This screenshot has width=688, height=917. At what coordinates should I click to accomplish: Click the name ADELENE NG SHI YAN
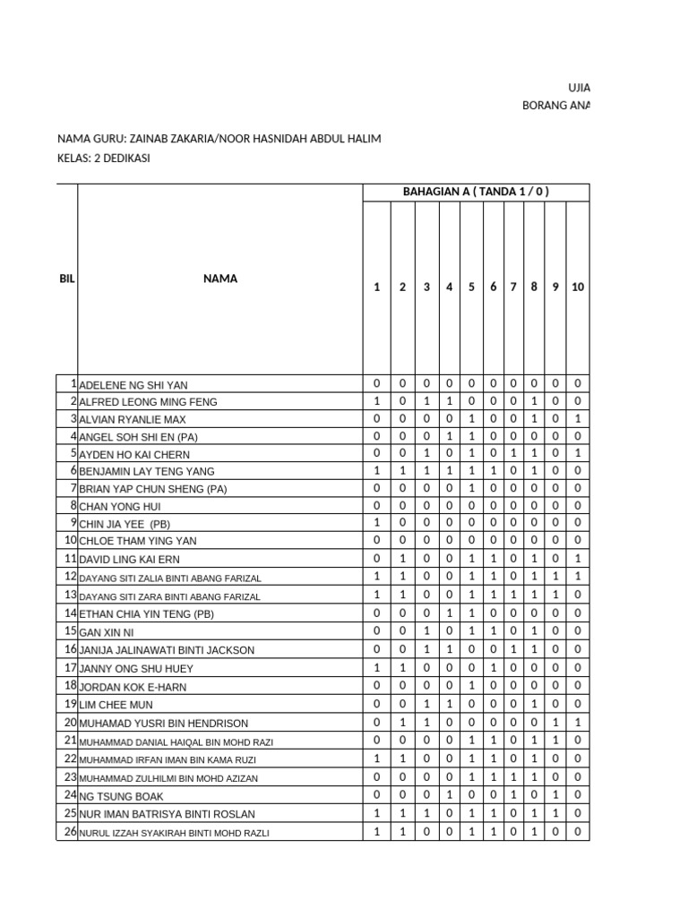pyautogui.click(x=133, y=385)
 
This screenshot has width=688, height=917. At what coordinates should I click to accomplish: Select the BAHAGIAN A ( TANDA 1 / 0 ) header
pyautogui.click(x=476, y=192)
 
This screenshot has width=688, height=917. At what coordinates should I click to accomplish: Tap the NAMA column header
pyautogui.click(x=219, y=279)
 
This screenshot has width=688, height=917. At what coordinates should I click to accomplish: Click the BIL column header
pyautogui.click(x=67, y=279)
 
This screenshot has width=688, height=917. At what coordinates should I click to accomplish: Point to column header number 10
pyautogui.click(x=578, y=287)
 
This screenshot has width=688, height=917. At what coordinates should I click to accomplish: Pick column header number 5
pyautogui.click(x=471, y=287)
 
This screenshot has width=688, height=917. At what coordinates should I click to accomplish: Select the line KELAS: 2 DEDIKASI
pyautogui.click(x=103, y=158)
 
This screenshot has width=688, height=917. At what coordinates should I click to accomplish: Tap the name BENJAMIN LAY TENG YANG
pyautogui.click(x=147, y=471)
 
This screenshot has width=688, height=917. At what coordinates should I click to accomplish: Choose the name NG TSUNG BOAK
pyautogui.click(x=122, y=795)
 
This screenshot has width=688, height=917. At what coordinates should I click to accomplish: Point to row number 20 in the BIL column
pyautogui.click(x=70, y=723)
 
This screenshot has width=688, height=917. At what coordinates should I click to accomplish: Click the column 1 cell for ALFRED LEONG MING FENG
pyautogui.click(x=376, y=401)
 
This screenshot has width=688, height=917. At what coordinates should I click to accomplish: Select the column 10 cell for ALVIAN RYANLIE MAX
pyautogui.click(x=578, y=418)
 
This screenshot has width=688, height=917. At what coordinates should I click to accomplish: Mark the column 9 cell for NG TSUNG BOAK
pyautogui.click(x=555, y=794)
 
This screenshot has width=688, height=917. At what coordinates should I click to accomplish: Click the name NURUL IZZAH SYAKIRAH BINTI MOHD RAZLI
pyautogui.click(x=174, y=833)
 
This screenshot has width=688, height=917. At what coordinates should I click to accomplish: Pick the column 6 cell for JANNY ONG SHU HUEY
pyautogui.click(x=493, y=668)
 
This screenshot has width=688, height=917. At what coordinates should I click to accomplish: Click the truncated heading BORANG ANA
pyautogui.click(x=555, y=105)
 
